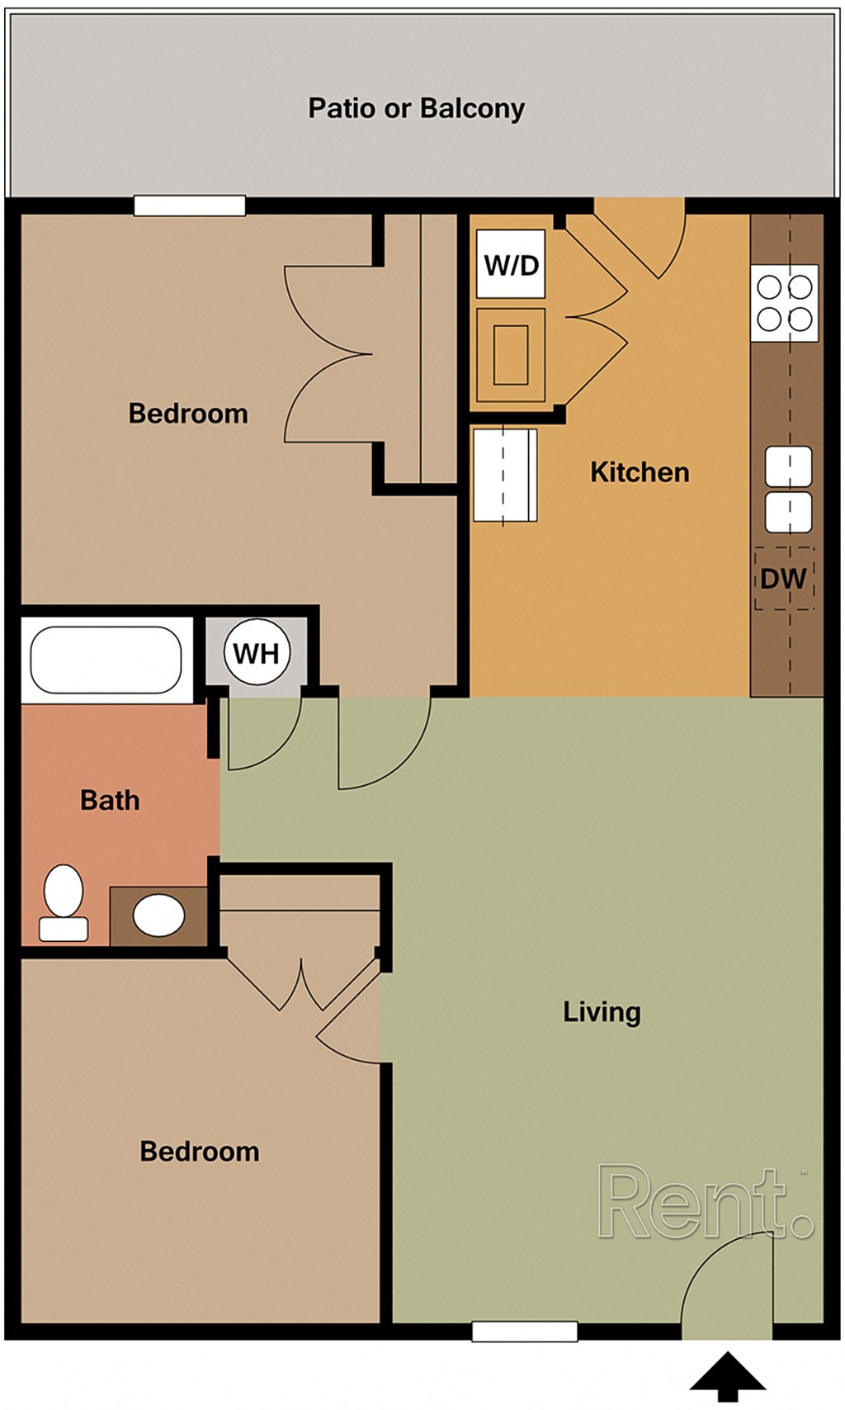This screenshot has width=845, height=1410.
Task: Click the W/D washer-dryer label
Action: pyautogui.click(x=511, y=264)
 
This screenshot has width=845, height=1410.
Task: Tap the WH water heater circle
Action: pyautogui.click(x=257, y=653)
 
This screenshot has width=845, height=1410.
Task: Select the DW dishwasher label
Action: pyautogui.click(x=783, y=579)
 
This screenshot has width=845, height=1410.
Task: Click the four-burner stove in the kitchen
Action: pyautogui.click(x=785, y=303)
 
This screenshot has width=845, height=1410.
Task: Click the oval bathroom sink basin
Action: pyautogui.click(x=158, y=916)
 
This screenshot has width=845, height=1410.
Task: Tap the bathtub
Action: pyautogui.click(x=106, y=660)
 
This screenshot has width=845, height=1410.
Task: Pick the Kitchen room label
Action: pyautogui.click(x=640, y=472)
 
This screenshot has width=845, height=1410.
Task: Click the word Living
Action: pyautogui.click(x=602, y=1012)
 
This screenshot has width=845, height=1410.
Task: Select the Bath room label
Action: pyautogui.click(x=110, y=800)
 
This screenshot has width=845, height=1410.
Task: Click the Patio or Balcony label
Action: pyautogui.click(x=416, y=108)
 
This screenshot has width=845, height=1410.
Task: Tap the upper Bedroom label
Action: pyautogui.click(x=188, y=413)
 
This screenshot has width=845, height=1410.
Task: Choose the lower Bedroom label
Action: pyautogui.click(x=200, y=1151)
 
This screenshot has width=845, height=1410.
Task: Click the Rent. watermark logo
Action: pyautogui.click(x=706, y=1203)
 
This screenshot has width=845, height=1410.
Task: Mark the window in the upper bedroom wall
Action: pyautogui.click(x=190, y=206)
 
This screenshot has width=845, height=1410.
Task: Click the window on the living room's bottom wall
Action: pyautogui.click(x=524, y=1330)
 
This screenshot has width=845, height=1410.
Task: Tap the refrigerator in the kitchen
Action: pyautogui.click(x=505, y=476)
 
